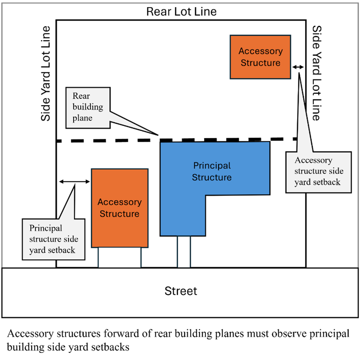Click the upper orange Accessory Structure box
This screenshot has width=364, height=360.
(260, 57)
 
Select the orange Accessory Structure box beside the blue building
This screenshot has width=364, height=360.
(120, 208)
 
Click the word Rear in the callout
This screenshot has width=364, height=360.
(82, 96)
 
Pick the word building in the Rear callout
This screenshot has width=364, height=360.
(88, 107)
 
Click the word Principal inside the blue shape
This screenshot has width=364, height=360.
(212, 166)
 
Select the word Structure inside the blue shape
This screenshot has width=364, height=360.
(212, 177)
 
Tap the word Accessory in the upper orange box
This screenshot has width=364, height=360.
(261, 51)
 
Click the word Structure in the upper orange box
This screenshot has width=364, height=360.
(261, 63)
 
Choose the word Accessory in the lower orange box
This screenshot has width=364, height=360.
(120, 202)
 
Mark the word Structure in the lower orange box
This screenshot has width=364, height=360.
(120, 214)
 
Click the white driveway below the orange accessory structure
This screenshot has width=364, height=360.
(120, 257)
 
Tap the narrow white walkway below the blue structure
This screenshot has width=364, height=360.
(184, 252)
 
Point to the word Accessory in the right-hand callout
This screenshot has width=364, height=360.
(313, 160)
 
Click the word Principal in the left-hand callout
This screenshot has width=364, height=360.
(46, 228)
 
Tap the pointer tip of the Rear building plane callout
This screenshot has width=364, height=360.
(153, 133)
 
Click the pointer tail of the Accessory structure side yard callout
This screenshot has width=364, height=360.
(299, 80)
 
